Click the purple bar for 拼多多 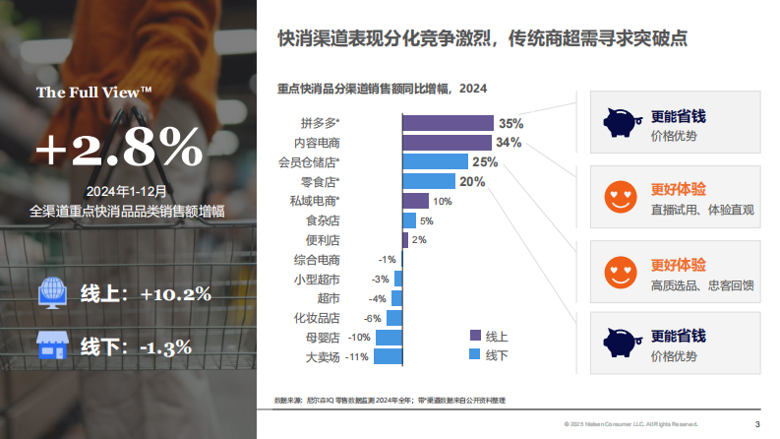click(x=448, y=123)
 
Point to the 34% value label click(x=509, y=143)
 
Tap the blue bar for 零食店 click(x=429, y=181)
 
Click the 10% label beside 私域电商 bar click(x=442, y=201)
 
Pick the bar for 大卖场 click(x=389, y=356)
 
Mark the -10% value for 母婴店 click(x=359, y=337)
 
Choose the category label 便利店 click(x=323, y=240)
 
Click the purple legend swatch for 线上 click(x=475, y=335)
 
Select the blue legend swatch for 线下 click(x=475, y=354)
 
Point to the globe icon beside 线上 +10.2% click(x=51, y=292)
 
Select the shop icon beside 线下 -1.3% click(x=51, y=345)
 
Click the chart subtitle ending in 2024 click(x=383, y=89)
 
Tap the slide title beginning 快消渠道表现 click(x=482, y=38)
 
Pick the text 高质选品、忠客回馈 click(x=701, y=285)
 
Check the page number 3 click(x=756, y=424)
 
